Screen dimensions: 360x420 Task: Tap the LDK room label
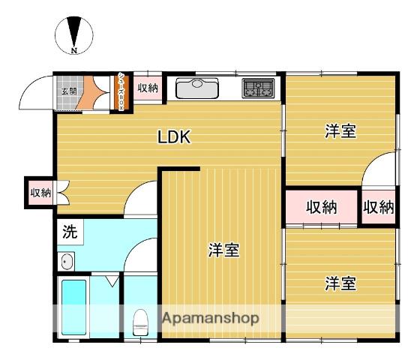pos(175,137)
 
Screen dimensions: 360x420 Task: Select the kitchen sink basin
pos(196,88)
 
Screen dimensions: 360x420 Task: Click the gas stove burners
pos(259,89)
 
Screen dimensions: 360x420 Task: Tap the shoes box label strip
pos(122,91)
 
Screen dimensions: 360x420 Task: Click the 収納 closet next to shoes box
pos(148,88)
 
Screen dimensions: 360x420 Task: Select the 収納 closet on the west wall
pos(39,193)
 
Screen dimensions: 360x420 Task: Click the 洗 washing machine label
pos(69,232)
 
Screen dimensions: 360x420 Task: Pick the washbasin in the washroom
pos(66,262)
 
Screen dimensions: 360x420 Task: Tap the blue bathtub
pos(74,307)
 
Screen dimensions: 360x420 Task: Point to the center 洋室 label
pos(223,250)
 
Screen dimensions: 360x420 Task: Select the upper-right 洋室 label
pos(340,131)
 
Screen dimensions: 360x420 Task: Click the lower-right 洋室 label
pos(340,283)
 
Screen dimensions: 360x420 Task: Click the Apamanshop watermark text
pos(211,318)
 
